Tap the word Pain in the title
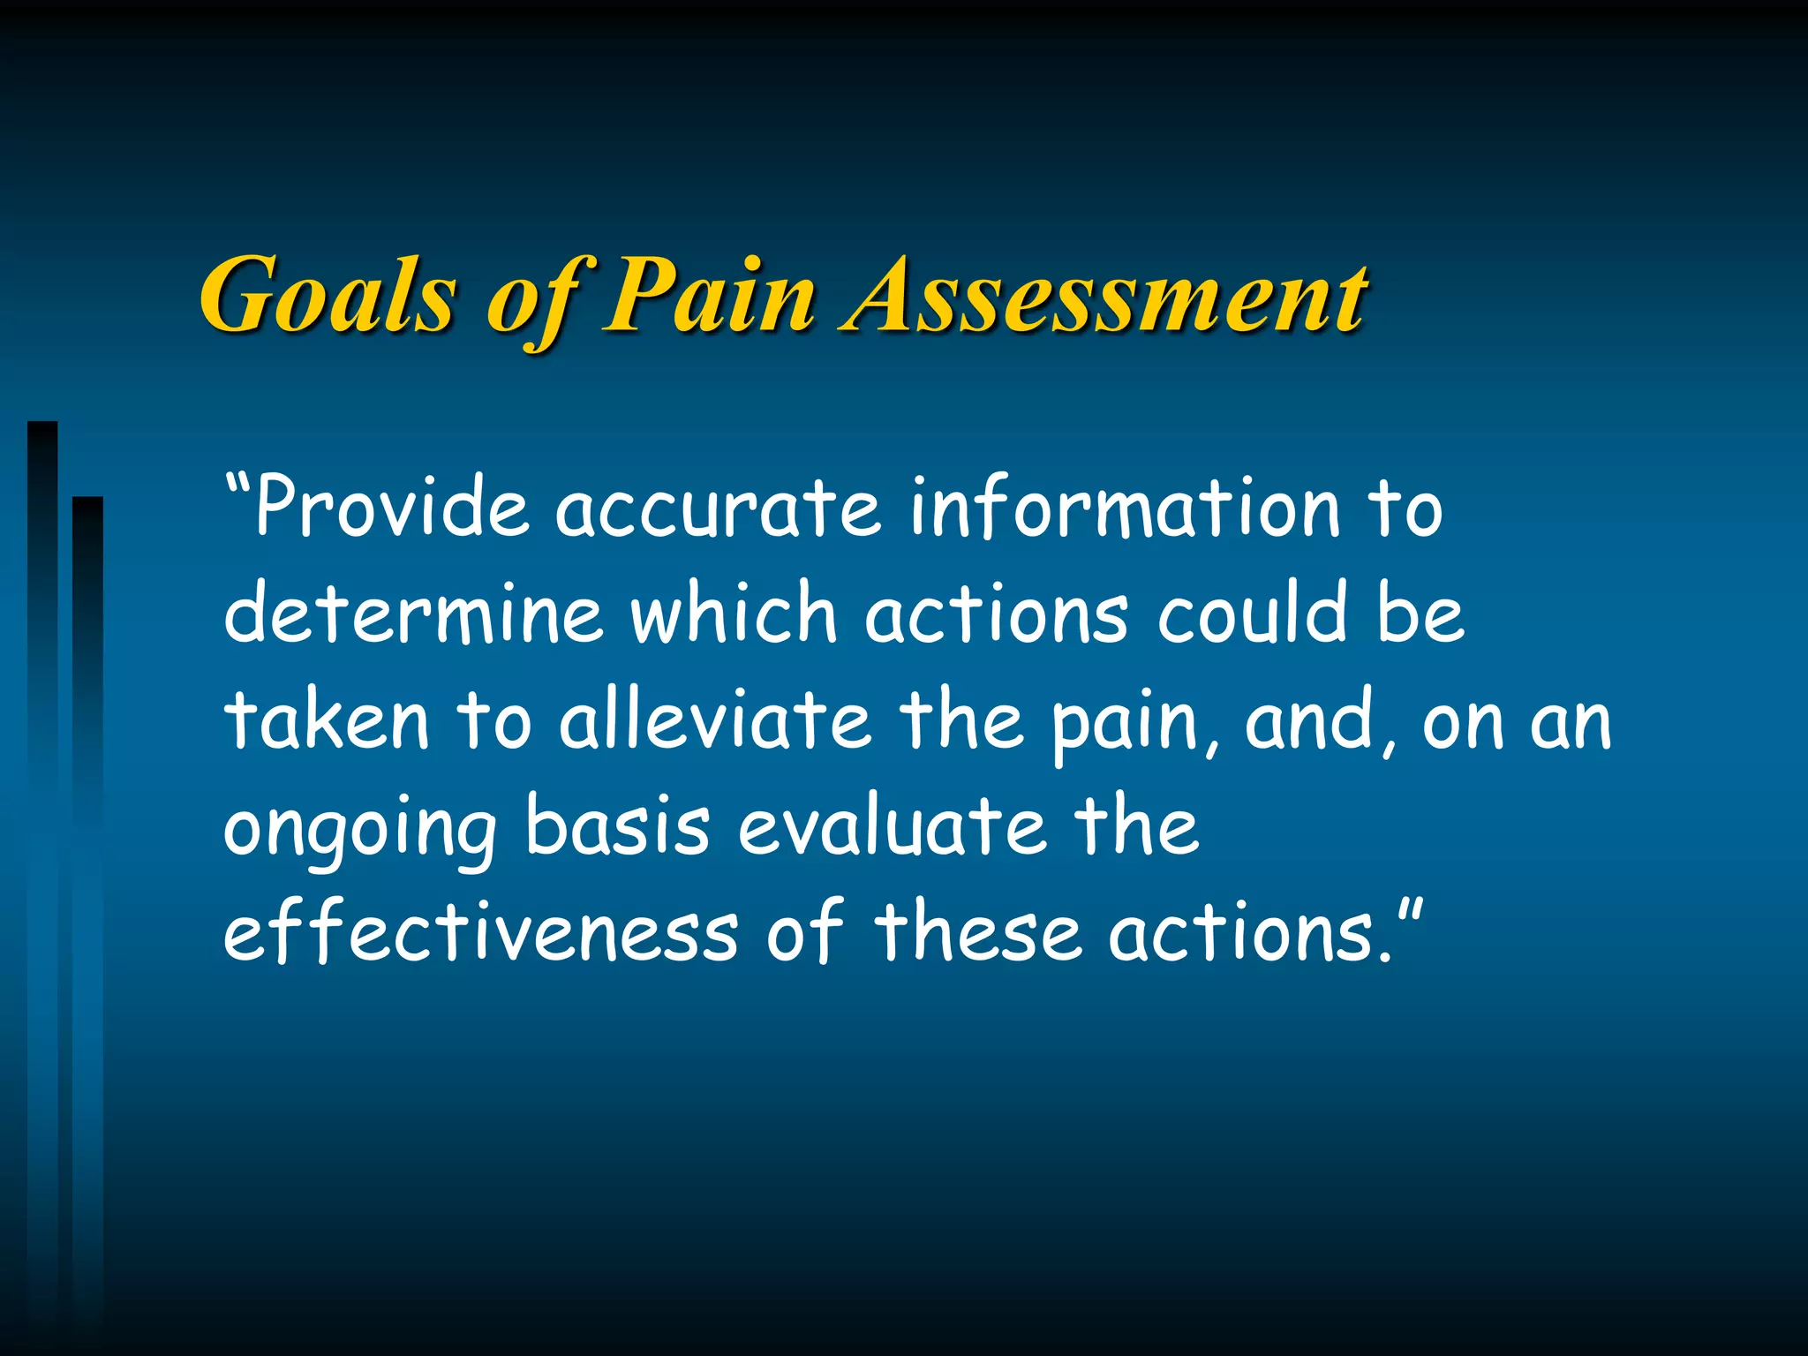click(x=708, y=296)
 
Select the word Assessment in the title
click(x=1104, y=296)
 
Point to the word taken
click(x=327, y=721)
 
